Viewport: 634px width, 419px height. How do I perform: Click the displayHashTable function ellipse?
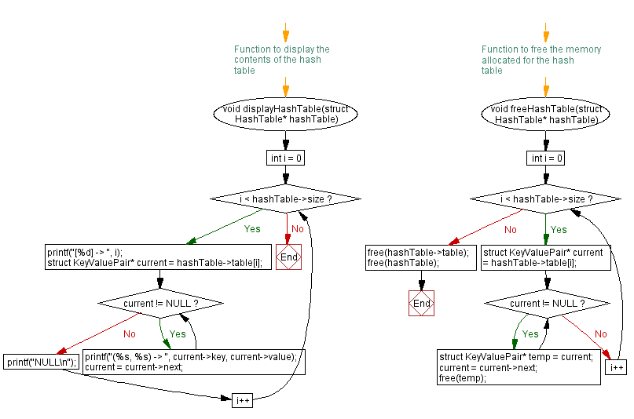coord(285,113)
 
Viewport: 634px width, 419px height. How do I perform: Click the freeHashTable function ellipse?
coord(546,113)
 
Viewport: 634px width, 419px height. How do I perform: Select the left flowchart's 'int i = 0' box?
coord(285,158)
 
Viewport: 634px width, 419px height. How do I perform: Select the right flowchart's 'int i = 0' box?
coord(546,158)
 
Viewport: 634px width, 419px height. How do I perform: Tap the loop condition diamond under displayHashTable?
coord(285,199)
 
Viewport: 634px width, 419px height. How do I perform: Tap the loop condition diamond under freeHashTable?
coord(546,199)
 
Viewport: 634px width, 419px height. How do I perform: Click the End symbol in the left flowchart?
coord(289,257)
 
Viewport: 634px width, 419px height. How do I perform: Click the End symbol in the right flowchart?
coord(422,303)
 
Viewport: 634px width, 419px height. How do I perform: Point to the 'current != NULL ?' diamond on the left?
coord(160,303)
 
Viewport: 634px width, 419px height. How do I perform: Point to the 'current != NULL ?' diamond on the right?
coord(546,303)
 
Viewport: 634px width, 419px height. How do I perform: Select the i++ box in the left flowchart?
coord(243,401)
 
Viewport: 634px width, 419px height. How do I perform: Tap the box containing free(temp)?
coord(519,367)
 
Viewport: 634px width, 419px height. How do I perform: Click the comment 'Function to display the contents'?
coord(282,60)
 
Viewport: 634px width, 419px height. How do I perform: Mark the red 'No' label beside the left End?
coord(298,229)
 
